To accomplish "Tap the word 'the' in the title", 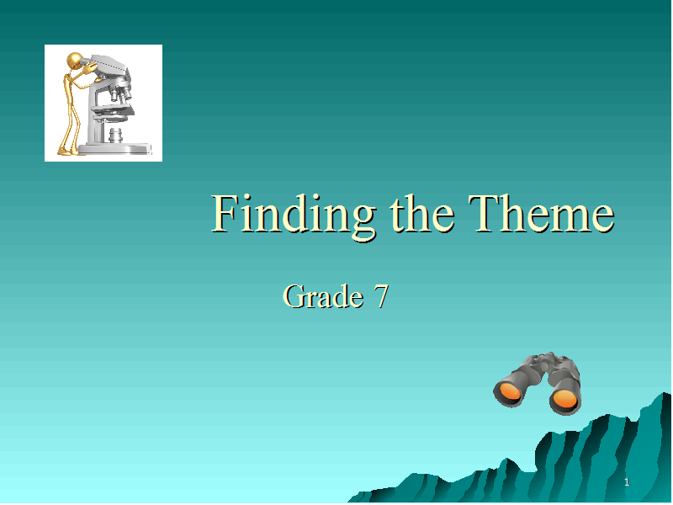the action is (422, 213).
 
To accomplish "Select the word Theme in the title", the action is (541, 213).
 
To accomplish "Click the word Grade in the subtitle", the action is (323, 296).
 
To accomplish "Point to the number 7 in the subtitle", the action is (381, 296).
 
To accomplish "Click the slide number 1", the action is (627, 482).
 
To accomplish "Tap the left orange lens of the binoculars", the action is (510, 392).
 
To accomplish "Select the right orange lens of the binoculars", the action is (565, 399).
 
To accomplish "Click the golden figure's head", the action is (75, 60).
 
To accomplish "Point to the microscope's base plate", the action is (115, 149).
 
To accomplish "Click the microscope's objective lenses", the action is (120, 93).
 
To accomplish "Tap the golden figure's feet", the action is (69, 151).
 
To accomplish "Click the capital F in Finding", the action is (226, 213).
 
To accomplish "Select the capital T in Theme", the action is (484, 213).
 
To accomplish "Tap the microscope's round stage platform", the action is (113, 112).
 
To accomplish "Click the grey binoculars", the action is (538, 383).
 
